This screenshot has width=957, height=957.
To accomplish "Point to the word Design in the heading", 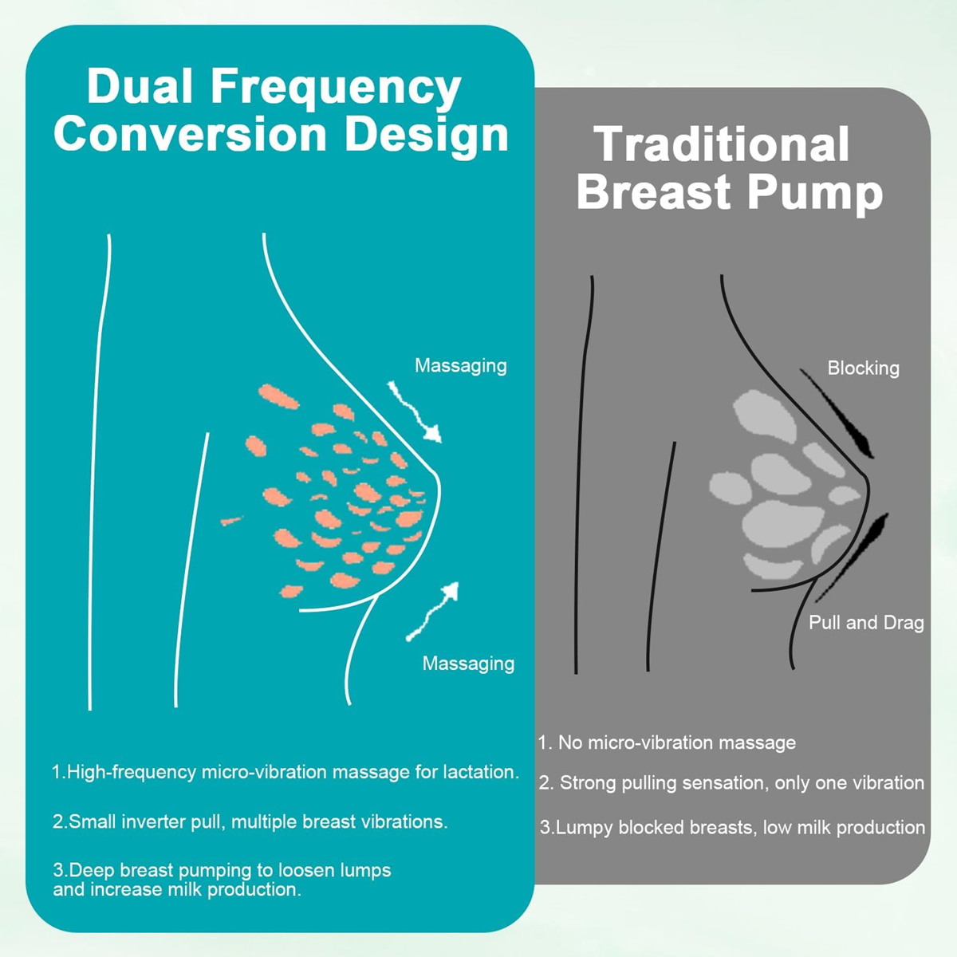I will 427,136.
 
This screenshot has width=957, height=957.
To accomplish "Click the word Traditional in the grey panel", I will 722,145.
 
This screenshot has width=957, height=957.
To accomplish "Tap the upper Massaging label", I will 460,366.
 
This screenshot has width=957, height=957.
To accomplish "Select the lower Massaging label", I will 468,664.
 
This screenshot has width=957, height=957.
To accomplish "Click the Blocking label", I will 863,368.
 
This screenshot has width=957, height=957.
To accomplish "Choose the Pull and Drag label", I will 866,623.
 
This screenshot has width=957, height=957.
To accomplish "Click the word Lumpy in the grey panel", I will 583,827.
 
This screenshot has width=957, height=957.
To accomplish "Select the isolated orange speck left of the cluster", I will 231,521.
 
